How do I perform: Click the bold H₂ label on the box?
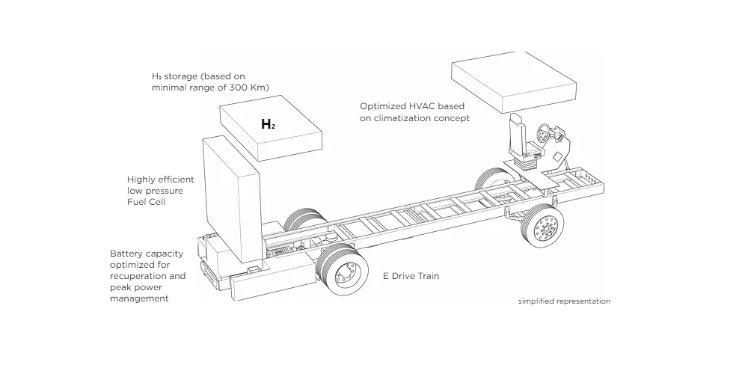(268, 124)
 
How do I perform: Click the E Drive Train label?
(411, 276)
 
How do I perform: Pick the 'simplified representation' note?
(564, 301)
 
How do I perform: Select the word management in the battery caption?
(139, 298)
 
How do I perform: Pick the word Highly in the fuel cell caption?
(141, 180)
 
